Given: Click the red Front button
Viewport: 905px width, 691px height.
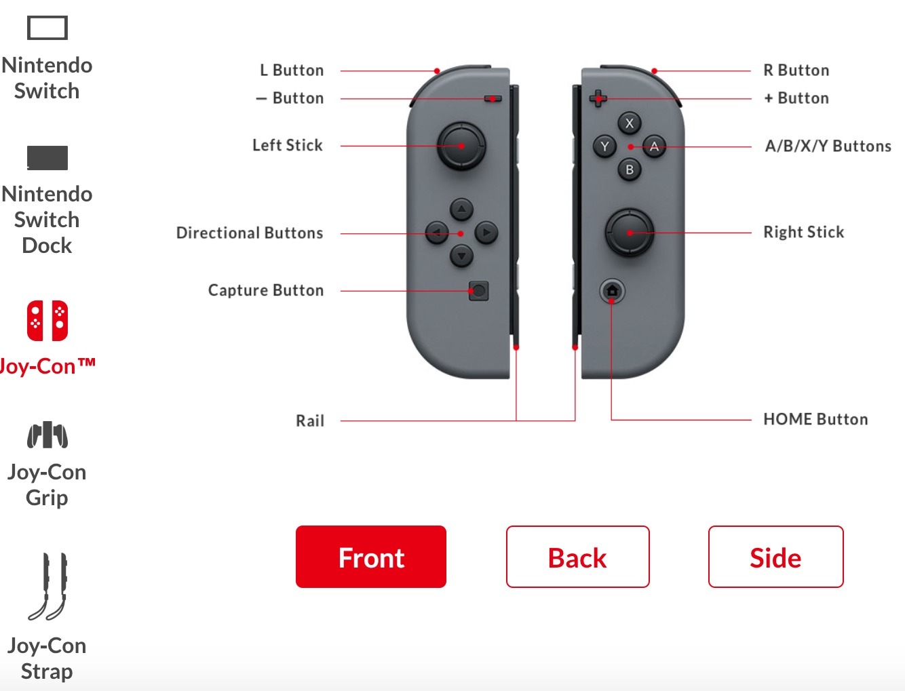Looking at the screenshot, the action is (370, 557).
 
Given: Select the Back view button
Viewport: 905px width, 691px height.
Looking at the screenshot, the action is (577, 557).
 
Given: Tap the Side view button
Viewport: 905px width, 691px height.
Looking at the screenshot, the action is (775, 557).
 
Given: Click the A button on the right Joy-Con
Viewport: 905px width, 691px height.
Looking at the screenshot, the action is (654, 146).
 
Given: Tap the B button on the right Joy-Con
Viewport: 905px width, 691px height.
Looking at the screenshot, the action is (630, 170).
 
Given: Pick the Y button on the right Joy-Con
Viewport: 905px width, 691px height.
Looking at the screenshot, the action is (605, 146).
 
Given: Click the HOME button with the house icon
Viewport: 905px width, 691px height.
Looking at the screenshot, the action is (612, 291).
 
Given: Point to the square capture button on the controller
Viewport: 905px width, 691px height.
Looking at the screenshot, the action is (479, 291).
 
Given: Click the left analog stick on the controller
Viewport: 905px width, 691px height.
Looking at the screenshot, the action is (461, 146).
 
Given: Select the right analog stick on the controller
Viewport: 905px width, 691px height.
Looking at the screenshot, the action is (630, 233).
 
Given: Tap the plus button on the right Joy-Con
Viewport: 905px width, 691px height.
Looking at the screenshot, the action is (598, 99).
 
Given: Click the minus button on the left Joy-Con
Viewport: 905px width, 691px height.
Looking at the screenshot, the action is (493, 99).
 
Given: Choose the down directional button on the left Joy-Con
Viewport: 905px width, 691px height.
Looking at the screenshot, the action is (461, 256).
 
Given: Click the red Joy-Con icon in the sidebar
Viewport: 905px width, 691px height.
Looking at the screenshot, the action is (47, 321).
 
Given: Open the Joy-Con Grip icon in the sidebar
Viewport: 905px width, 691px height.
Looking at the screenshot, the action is (47, 434).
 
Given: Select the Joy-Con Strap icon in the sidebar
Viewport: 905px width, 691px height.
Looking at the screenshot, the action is (47, 587).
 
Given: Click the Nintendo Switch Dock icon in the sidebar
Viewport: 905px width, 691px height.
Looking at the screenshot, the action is (47, 158).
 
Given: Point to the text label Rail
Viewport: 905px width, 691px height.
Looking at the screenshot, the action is (310, 420).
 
